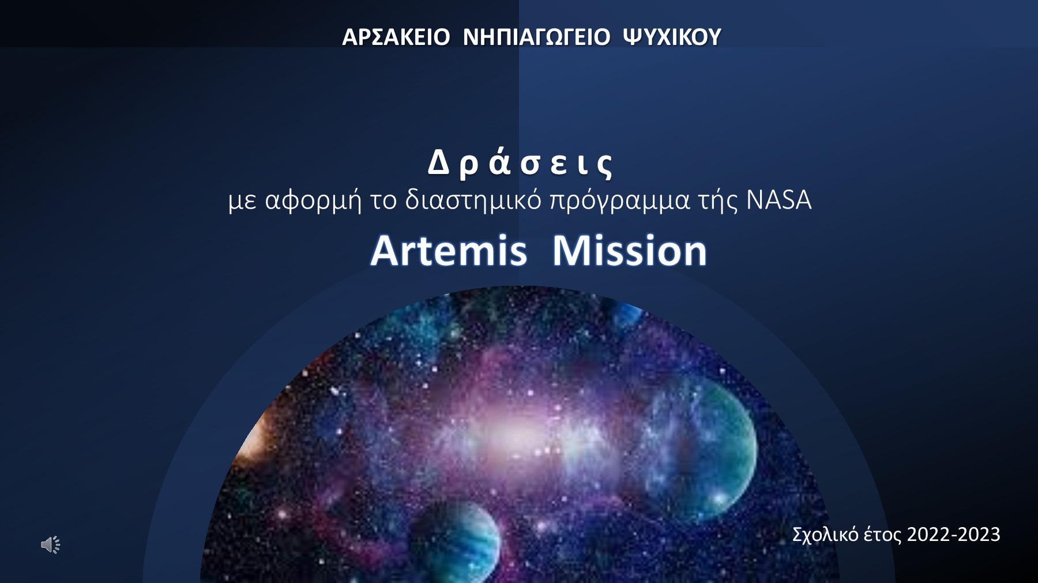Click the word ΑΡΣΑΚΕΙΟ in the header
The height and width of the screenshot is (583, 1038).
click(396, 37)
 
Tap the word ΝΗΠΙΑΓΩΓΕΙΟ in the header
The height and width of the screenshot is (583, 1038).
click(536, 37)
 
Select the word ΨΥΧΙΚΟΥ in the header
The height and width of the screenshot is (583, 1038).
click(672, 37)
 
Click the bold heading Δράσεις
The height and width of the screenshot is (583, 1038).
click(520, 163)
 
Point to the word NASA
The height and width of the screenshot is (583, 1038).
click(778, 200)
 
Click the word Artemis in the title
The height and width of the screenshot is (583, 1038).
click(449, 251)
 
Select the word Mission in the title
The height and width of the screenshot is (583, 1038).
click(629, 251)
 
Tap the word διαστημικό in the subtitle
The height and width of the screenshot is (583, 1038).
click(473, 200)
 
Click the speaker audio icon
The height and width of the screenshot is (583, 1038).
click(51, 544)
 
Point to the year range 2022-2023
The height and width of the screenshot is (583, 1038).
click(953, 535)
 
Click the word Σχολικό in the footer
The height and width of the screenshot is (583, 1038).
click(825, 535)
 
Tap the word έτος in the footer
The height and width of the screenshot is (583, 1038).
click(882, 535)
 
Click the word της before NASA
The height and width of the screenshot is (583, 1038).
click(718, 200)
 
